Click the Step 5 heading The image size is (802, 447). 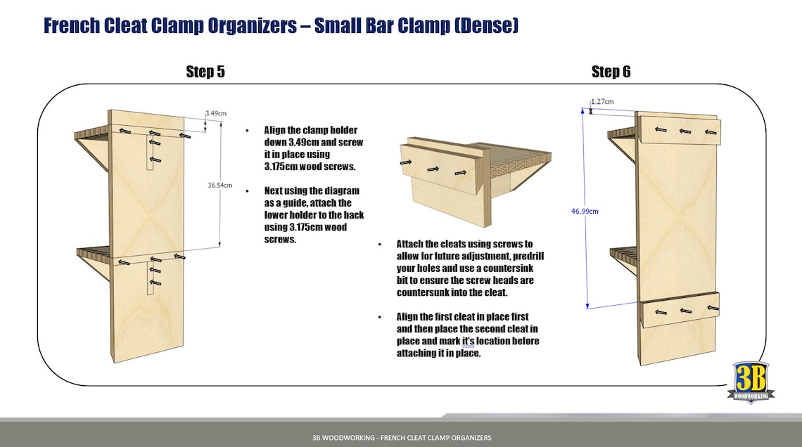[x=205, y=72]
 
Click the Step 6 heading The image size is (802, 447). [x=611, y=72]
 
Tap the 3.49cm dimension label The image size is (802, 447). [x=215, y=113]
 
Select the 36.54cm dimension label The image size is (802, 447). [x=220, y=186]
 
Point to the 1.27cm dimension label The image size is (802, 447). [x=602, y=102]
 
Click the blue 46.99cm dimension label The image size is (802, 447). [x=585, y=211]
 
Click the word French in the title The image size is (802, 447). [x=76, y=26]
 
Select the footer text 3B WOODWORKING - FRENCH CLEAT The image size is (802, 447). [x=402, y=438]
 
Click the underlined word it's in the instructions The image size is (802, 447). [x=469, y=341]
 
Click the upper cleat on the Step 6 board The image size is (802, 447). [x=680, y=130]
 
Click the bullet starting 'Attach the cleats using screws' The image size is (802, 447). [x=465, y=268]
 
